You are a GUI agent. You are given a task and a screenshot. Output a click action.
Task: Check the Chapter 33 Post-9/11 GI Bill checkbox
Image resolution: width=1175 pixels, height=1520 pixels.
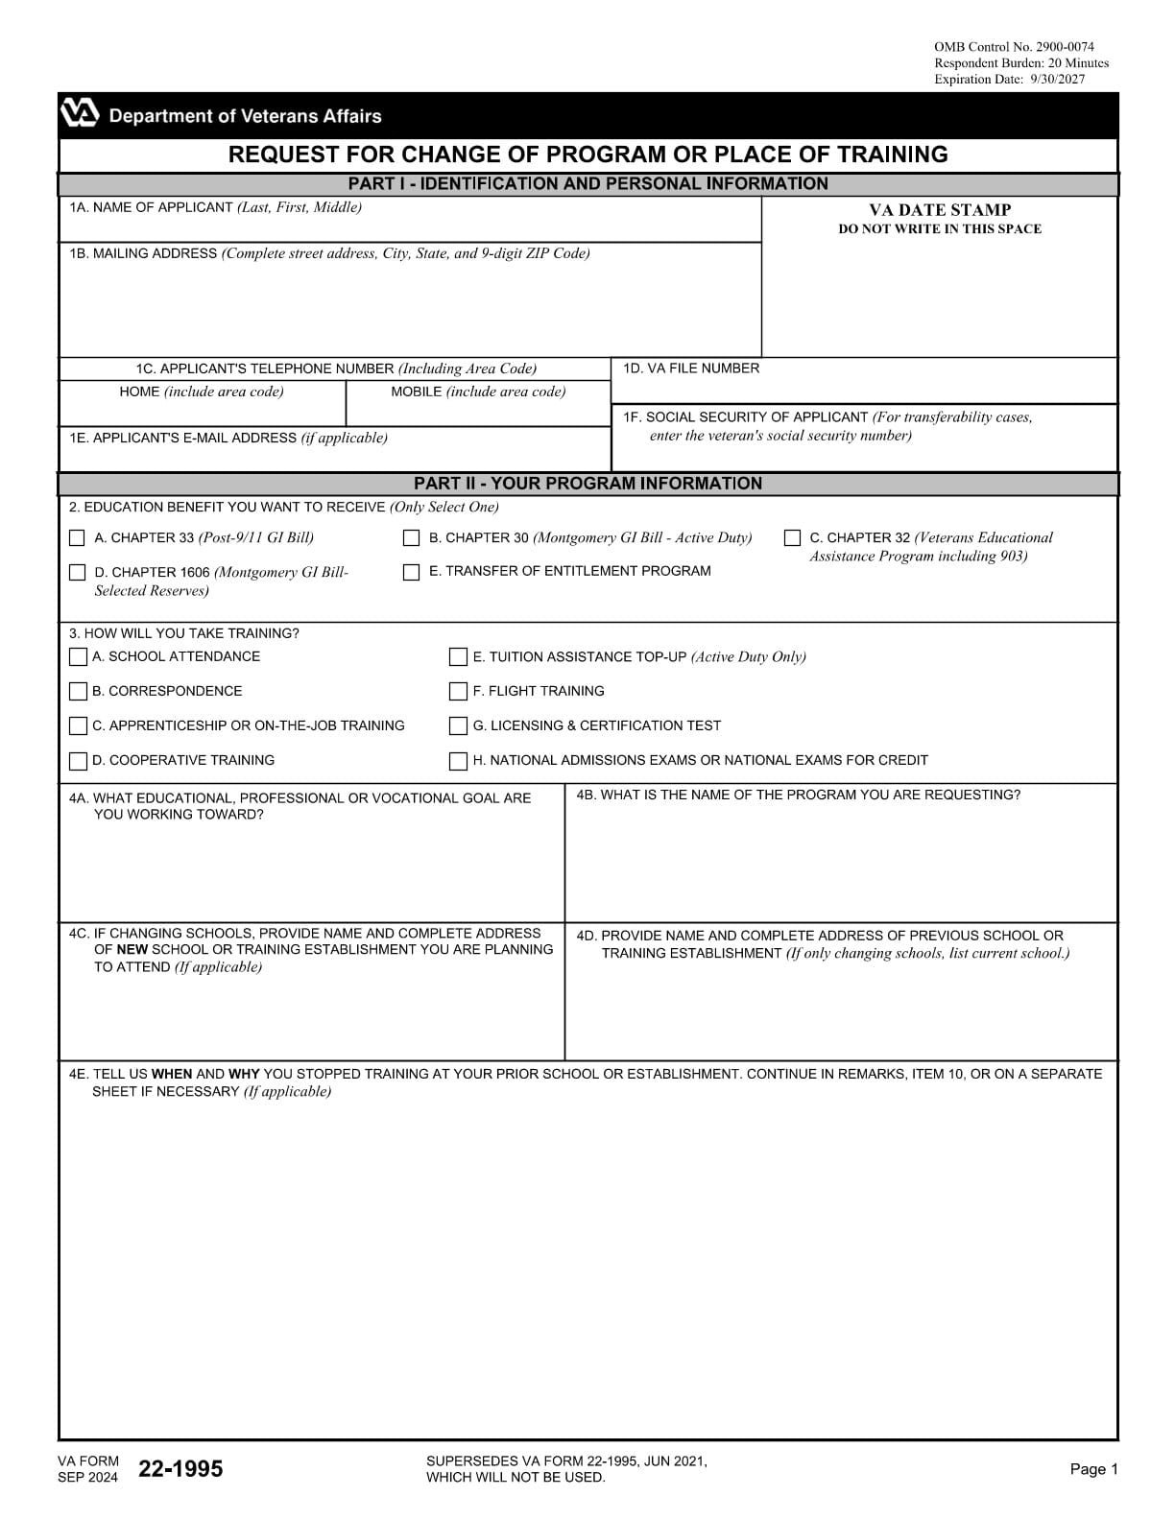[x=78, y=538]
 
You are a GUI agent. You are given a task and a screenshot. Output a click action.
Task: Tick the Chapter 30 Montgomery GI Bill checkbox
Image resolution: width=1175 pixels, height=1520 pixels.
[x=412, y=538]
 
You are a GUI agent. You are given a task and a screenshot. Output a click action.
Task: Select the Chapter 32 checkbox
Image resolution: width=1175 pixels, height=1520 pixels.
[x=793, y=538]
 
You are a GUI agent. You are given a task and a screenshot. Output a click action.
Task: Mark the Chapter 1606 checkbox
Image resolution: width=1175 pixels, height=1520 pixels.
[x=78, y=573]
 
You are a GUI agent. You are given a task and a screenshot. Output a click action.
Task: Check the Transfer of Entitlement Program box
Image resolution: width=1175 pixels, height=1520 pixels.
[x=412, y=573]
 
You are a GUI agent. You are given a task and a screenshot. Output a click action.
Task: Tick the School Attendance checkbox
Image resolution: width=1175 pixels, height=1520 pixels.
[x=78, y=657]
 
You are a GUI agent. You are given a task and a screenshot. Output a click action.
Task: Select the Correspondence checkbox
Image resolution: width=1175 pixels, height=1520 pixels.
[x=78, y=692]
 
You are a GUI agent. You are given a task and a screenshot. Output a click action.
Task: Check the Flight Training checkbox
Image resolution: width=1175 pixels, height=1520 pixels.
[x=459, y=692]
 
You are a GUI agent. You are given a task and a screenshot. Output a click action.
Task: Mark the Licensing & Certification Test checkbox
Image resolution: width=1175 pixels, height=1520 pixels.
[x=459, y=726]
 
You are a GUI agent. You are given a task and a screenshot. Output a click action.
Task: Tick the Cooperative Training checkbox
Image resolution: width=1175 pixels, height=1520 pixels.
[x=78, y=761]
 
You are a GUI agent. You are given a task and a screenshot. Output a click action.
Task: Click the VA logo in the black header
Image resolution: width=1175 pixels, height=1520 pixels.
[x=80, y=114]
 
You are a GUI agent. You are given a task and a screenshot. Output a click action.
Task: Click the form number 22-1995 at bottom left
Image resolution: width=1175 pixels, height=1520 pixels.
[x=180, y=1469]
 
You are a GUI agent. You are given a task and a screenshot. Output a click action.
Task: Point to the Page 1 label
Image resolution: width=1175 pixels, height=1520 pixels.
[x=1093, y=1469]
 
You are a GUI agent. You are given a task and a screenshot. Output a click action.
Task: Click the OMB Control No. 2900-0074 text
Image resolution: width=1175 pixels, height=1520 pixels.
[x=1014, y=47]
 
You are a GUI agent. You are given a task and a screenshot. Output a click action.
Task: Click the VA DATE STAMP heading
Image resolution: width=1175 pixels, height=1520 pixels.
[x=940, y=209]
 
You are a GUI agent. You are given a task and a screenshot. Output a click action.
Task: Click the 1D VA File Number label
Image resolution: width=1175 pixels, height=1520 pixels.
[x=691, y=368]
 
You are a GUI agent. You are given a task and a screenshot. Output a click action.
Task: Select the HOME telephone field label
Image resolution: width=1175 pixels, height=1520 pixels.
[x=202, y=392]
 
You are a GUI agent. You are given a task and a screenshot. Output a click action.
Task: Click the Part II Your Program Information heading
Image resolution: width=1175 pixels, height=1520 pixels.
[x=587, y=484]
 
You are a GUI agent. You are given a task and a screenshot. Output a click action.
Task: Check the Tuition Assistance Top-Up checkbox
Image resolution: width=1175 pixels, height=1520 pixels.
[x=459, y=657]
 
